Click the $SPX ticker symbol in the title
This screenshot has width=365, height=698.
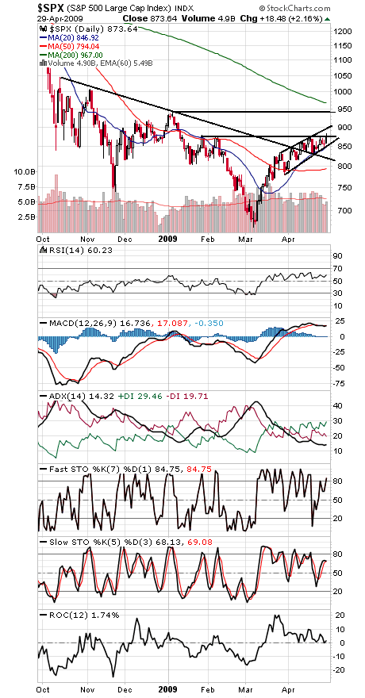point(22,6)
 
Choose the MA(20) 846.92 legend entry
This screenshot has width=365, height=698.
point(72,36)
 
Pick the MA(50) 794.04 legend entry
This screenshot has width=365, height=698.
point(72,45)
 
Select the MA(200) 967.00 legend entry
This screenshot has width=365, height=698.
point(74,54)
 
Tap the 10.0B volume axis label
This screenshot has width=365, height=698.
point(23,171)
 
